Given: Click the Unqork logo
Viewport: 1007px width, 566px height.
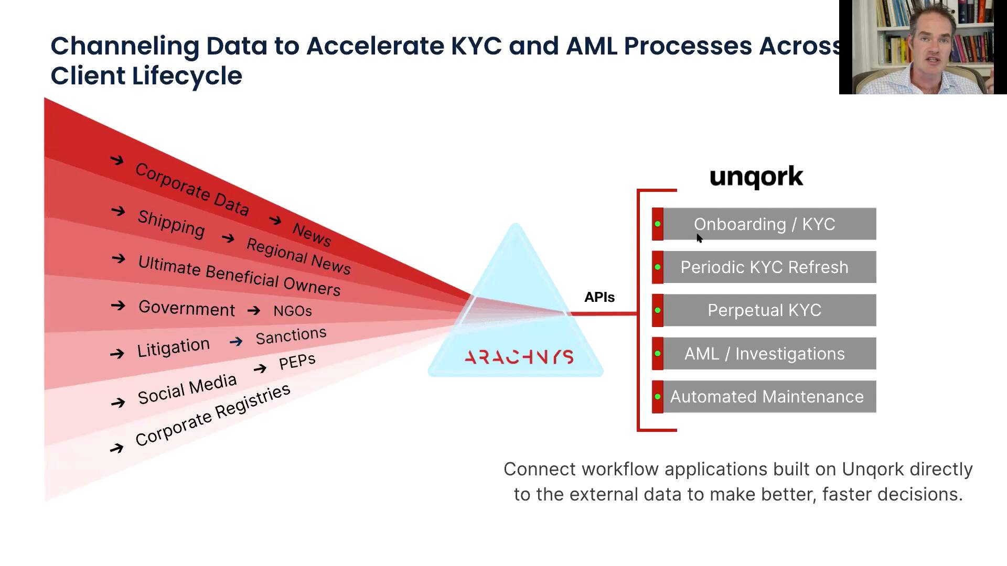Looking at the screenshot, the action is tap(756, 177).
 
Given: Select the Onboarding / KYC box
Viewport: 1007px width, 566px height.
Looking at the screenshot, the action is tap(764, 224).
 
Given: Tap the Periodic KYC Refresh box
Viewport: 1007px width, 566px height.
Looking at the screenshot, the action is tap(764, 267).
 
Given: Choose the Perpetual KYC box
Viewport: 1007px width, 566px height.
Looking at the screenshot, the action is tap(764, 310).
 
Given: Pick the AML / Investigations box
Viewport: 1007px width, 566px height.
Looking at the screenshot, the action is tap(764, 354).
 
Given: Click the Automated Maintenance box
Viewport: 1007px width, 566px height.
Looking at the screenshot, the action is tap(764, 397).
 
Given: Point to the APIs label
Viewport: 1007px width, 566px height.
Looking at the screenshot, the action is tap(599, 297).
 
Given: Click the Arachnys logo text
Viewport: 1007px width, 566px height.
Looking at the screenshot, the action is tap(519, 357).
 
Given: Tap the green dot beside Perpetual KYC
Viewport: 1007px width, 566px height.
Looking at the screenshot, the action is tap(658, 310).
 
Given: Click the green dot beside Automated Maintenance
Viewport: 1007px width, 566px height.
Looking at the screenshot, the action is tap(658, 397).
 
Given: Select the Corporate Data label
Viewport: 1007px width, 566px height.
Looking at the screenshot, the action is tap(192, 189).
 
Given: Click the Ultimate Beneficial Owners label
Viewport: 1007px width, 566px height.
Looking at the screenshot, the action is tap(239, 276).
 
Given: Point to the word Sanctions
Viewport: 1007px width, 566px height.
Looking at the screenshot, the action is tap(291, 335).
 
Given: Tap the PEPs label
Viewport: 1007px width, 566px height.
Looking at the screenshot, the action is tap(297, 361).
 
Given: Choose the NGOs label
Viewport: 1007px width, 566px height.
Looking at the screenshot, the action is tap(293, 311).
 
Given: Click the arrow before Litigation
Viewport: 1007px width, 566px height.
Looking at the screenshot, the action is tap(117, 354).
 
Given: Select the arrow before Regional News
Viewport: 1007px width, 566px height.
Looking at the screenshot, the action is tap(228, 238).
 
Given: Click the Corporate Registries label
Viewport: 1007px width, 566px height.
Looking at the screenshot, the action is tap(212, 415).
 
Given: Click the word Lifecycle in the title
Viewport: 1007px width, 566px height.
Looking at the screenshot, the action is tap(187, 76).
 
